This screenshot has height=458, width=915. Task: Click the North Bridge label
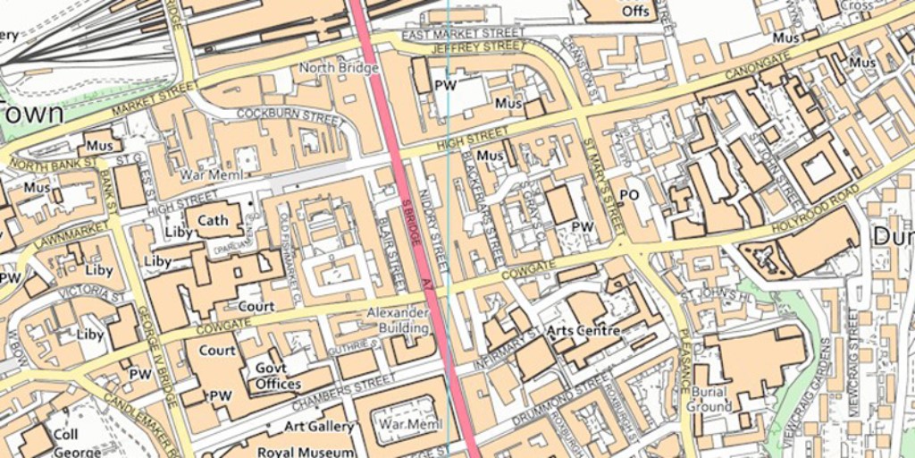(338, 68)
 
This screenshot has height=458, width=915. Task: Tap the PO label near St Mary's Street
(629, 194)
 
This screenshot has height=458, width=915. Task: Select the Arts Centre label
(583, 331)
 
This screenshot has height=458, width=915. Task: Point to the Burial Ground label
(708, 399)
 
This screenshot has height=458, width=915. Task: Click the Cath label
(213, 220)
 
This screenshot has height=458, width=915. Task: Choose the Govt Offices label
(278, 376)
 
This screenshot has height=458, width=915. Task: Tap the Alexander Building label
(399, 320)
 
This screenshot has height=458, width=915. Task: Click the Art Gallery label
(319, 426)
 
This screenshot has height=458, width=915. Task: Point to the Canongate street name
(758, 63)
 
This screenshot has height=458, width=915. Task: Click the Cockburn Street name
(290, 115)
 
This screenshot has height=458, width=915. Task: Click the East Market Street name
(463, 33)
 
